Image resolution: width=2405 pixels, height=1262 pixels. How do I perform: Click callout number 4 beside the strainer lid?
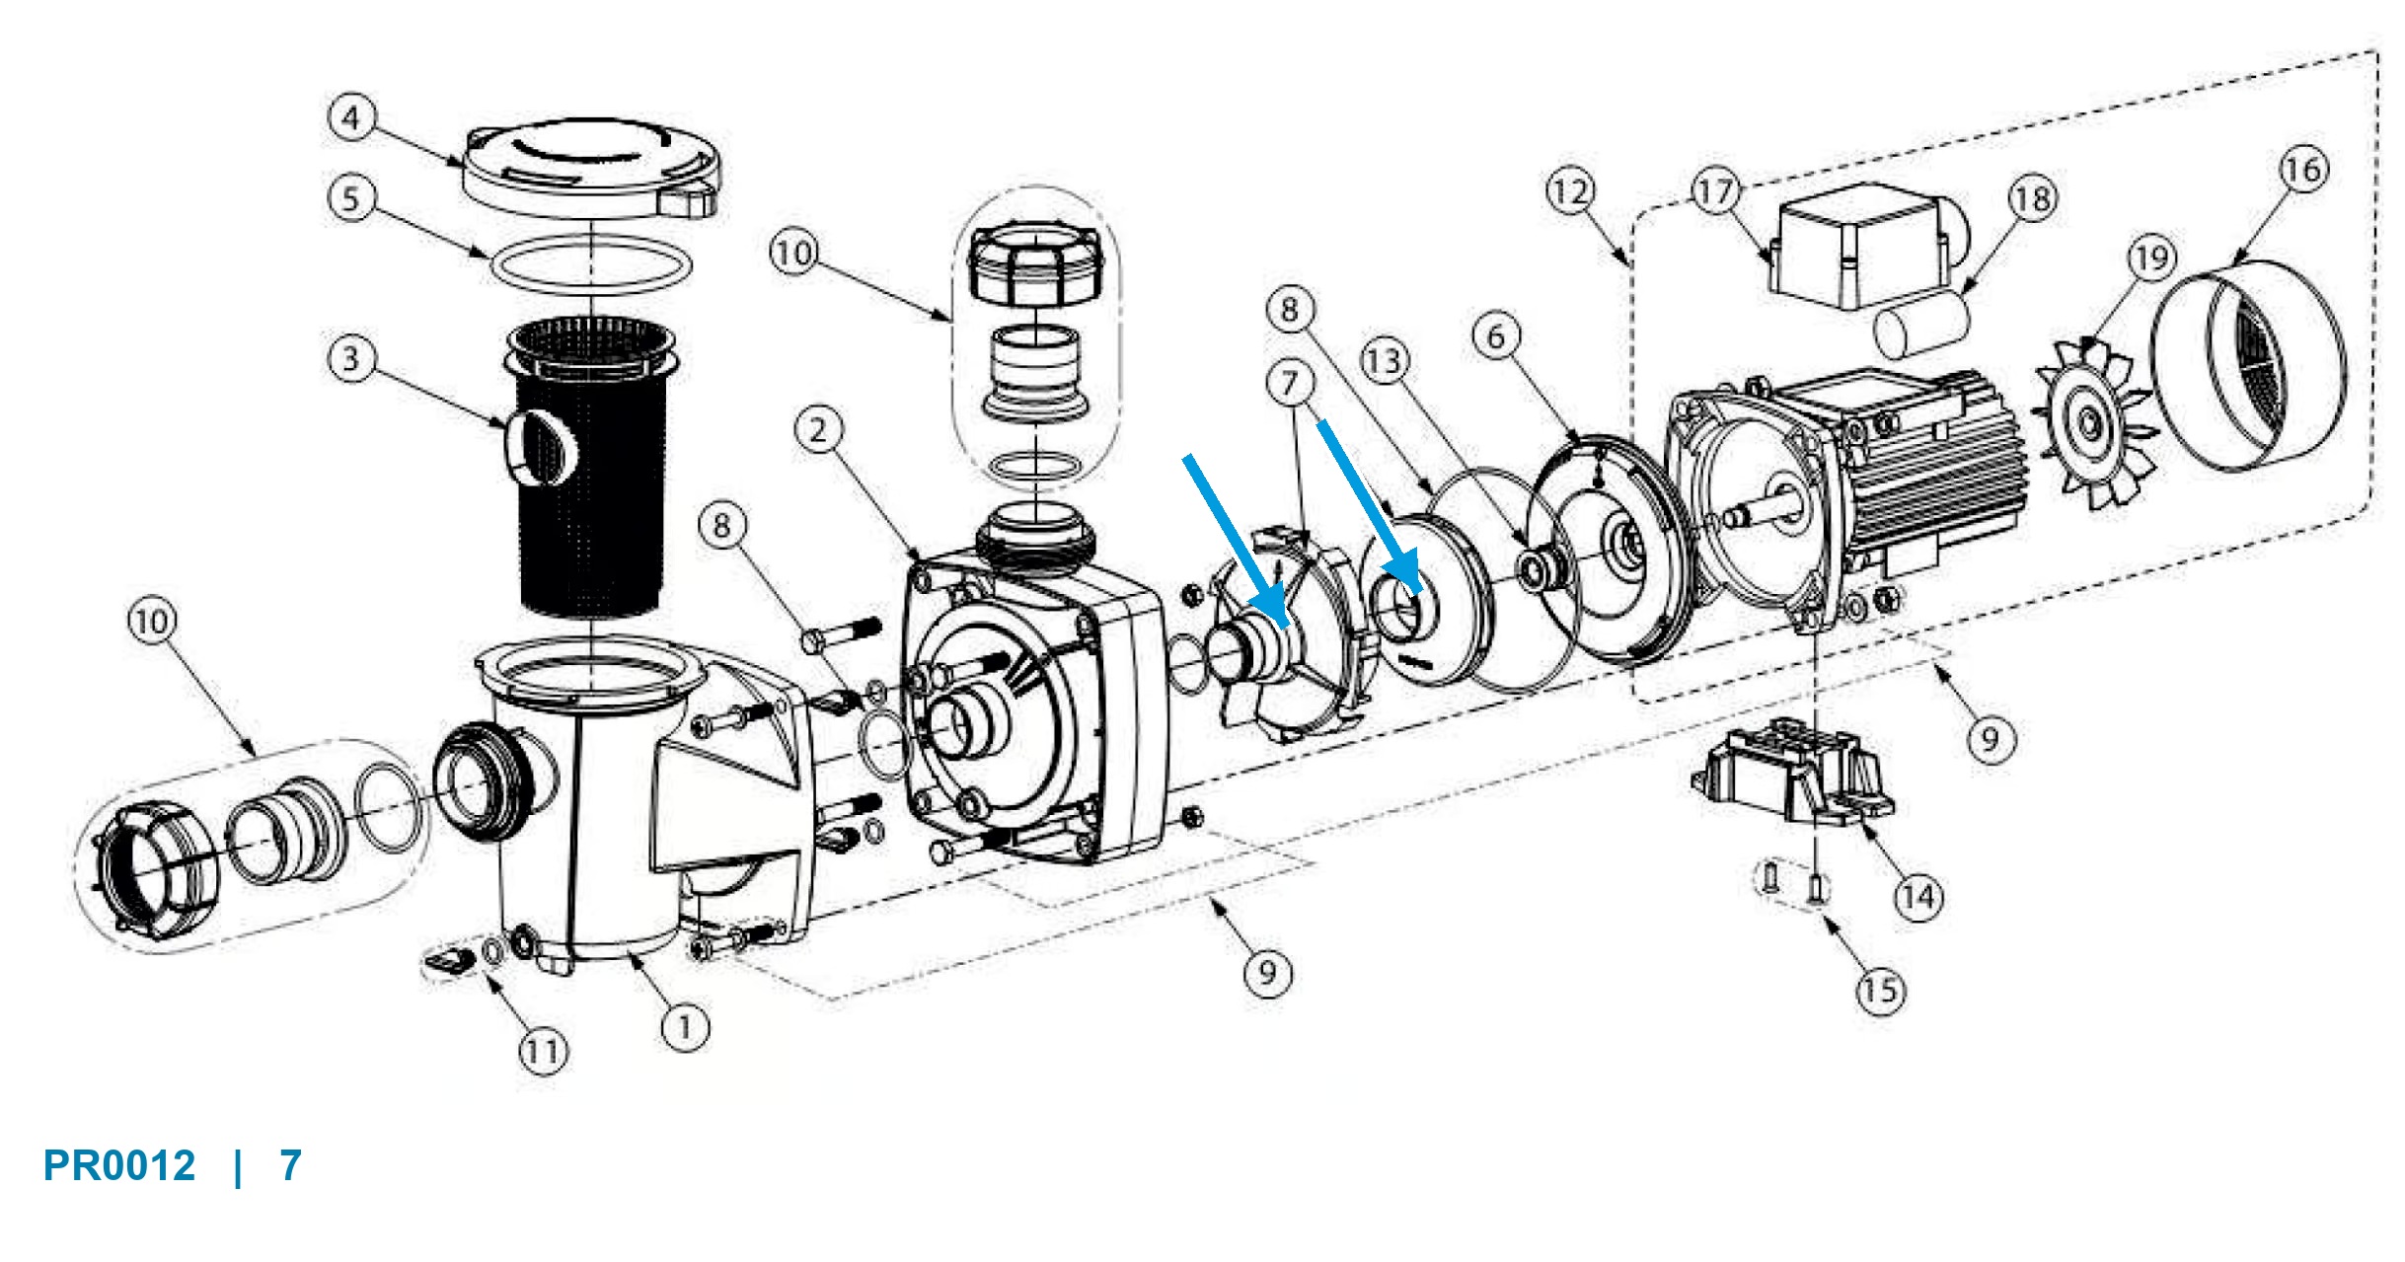pos(350,117)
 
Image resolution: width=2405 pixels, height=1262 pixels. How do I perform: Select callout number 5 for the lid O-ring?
pos(350,198)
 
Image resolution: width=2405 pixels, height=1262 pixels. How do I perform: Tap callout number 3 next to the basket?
pos(350,358)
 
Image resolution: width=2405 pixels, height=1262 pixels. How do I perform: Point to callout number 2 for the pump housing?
pos(818,430)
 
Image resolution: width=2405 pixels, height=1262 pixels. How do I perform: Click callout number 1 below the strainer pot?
pos(685,1027)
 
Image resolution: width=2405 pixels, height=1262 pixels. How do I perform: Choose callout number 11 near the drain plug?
pos(543,1051)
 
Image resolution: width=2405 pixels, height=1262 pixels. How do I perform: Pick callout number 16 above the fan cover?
pos(2303,170)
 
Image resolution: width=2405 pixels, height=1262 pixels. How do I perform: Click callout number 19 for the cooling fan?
pos(2151,259)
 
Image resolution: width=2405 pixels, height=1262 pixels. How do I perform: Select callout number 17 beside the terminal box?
pos(1716,190)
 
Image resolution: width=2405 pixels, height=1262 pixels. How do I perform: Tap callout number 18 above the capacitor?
pos(2032,199)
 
